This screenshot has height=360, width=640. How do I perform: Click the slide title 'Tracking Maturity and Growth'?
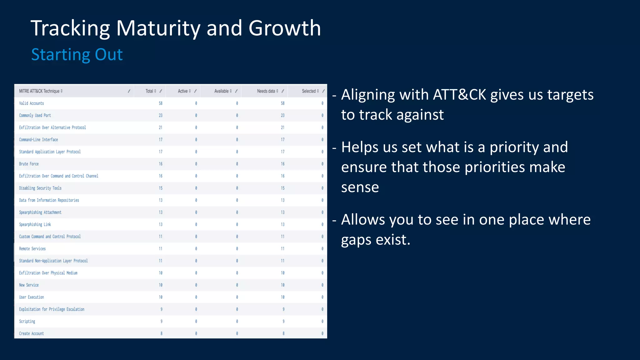(176, 28)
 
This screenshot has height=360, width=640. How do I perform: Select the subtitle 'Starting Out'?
(77, 54)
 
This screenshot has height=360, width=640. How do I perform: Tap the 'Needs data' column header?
(266, 91)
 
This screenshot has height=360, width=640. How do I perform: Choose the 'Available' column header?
(221, 91)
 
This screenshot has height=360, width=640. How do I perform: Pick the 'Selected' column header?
(309, 91)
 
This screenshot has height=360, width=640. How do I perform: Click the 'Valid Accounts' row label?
(31, 103)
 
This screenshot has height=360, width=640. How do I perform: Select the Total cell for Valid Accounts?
(160, 103)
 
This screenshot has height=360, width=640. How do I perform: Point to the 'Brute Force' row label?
(29, 164)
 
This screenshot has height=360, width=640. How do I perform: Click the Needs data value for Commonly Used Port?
(282, 115)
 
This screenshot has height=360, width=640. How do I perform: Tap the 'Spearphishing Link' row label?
(35, 224)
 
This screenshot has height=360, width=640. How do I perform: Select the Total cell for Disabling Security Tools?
(160, 188)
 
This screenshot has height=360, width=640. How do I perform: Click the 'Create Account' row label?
(31, 333)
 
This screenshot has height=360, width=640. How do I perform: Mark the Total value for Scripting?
(161, 321)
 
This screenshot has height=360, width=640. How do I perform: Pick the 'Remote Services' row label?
(32, 249)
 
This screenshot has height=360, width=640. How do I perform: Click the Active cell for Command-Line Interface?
(196, 140)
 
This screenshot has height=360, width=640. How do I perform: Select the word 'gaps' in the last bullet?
(356, 240)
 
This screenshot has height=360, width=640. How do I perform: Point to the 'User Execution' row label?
(31, 297)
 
